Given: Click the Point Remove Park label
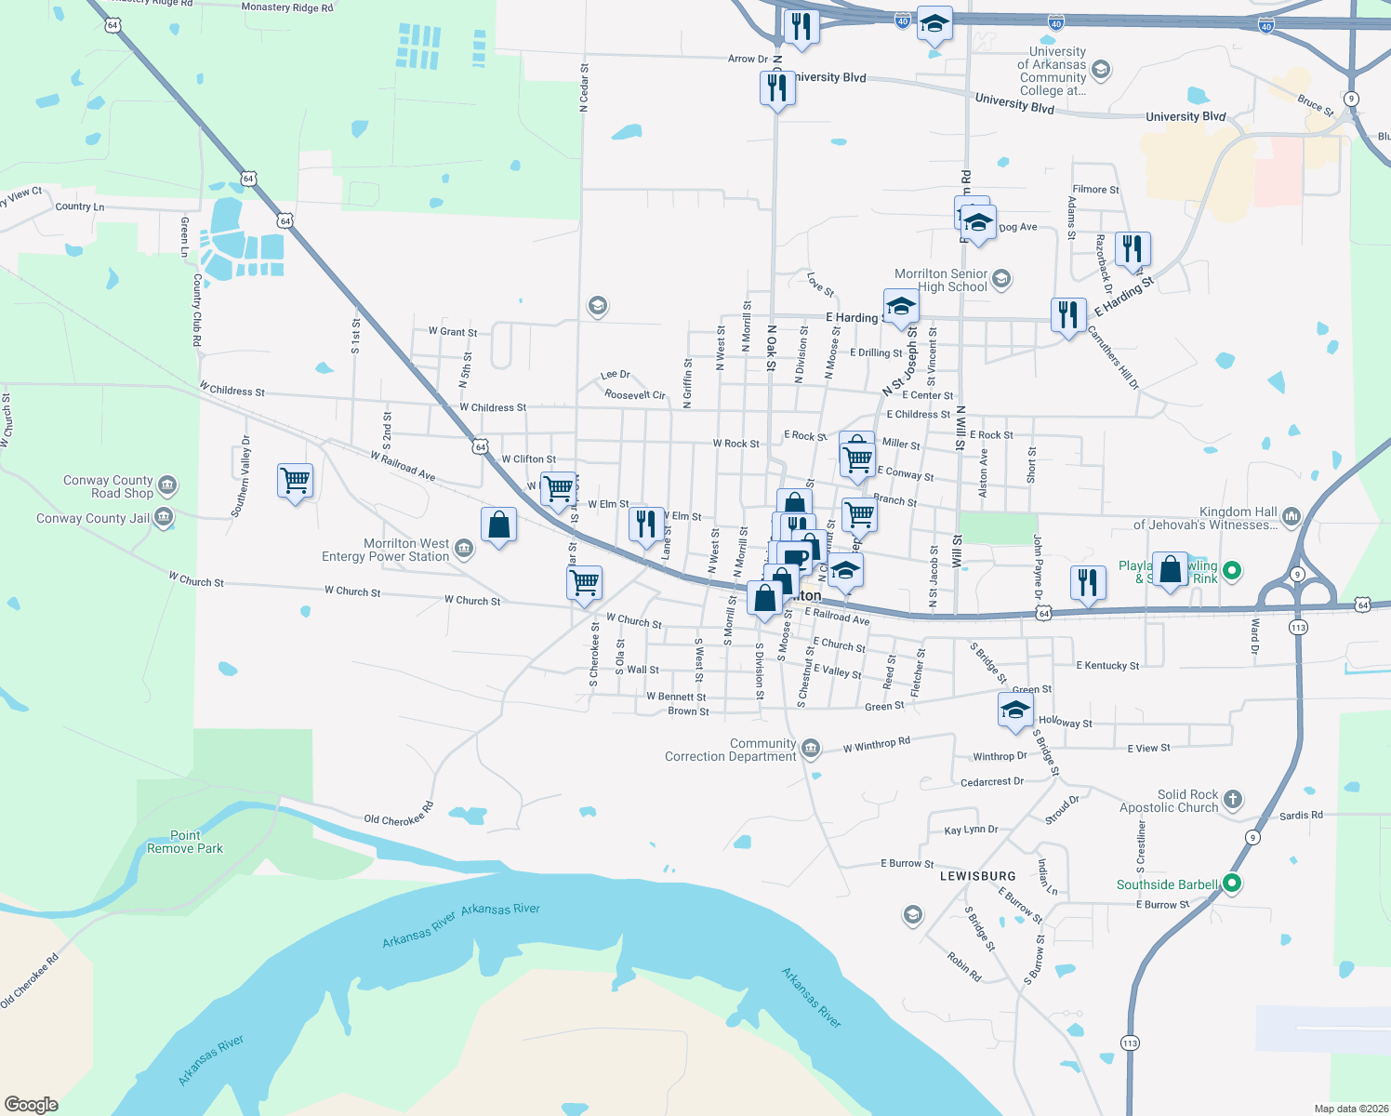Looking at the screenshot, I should pyautogui.click(x=185, y=842).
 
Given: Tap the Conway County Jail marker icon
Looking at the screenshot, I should pyautogui.click(x=164, y=517).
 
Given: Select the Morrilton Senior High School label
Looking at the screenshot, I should pyautogui.click(x=941, y=280).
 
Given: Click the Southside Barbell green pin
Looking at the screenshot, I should pyautogui.click(x=1232, y=883).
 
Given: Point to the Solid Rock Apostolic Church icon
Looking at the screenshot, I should pyautogui.click(x=1232, y=799).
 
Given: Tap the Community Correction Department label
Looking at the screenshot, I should pyautogui.click(x=731, y=750).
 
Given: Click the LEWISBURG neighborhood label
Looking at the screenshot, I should pyautogui.click(x=977, y=876).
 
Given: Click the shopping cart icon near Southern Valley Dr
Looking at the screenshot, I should pyautogui.click(x=295, y=481).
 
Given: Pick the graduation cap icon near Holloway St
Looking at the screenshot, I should pyautogui.click(x=1015, y=711).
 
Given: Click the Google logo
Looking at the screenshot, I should pyautogui.click(x=32, y=1104).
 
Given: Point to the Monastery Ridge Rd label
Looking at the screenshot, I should pyautogui.click(x=286, y=7).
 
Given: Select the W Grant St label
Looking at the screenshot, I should pyautogui.click(x=453, y=331).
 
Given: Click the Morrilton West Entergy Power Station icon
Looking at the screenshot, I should pyautogui.click(x=464, y=549).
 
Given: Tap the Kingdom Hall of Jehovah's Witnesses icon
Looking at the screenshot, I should pyautogui.click(x=1292, y=516).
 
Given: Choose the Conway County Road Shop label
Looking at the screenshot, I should pyautogui.click(x=108, y=486).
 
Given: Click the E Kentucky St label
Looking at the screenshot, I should pyautogui.click(x=1107, y=665).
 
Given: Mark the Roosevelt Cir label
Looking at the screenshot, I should pyautogui.click(x=635, y=394).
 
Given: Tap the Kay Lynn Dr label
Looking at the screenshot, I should pyautogui.click(x=971, y=830).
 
